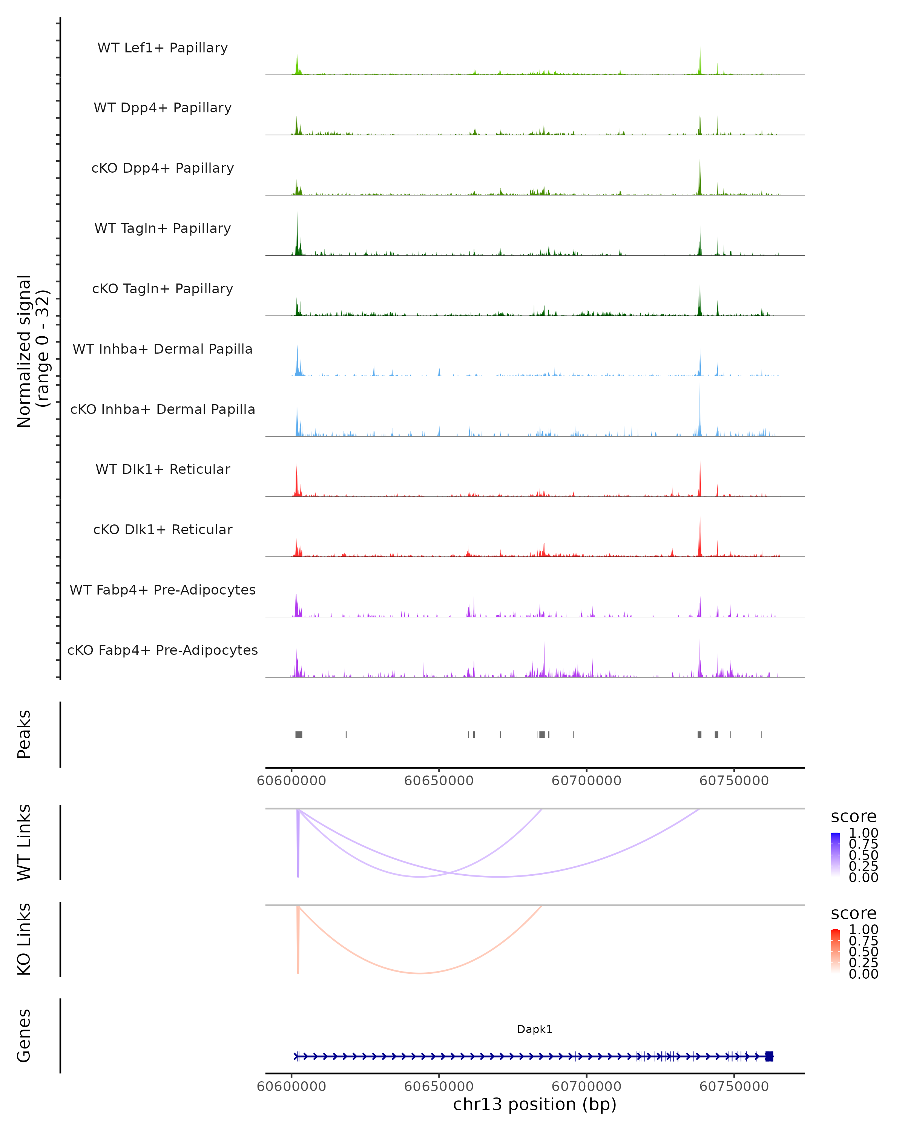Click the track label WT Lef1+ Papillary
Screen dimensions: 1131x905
pos(163,48)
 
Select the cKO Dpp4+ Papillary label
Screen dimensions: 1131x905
pos(163,169)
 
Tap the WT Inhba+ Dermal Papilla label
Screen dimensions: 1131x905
pos(163,349)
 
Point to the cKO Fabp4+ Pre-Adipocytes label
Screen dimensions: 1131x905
pos(163,650)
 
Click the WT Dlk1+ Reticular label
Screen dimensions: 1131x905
pos(163,469)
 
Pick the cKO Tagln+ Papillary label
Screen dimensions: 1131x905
pos(163,289)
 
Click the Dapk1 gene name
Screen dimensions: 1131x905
pos(535,1030)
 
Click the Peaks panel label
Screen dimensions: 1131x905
pos(24,734)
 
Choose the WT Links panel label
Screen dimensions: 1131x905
pos(24,843)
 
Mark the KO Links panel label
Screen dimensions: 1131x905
pos(24,939)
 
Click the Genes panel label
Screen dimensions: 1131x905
pos(24,1036)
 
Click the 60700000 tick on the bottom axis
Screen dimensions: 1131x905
pos(586,1087)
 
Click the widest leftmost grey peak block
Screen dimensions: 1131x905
pos(299,734)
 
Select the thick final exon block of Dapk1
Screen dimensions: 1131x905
pos(769,1056)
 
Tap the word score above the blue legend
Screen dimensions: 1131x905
pos(854,817)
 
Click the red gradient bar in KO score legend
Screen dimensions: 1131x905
pos(835,951)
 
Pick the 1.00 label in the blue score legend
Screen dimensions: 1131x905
pos(864,833)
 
